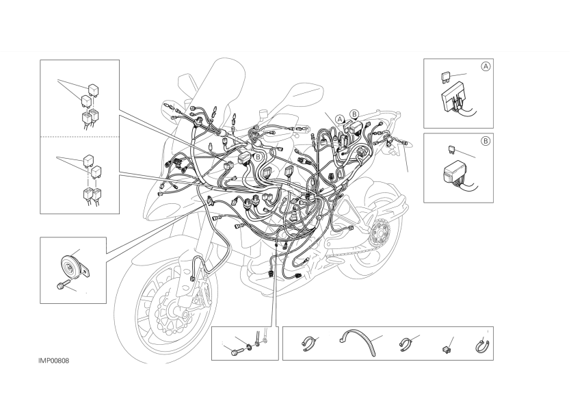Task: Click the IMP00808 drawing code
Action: [54, 361]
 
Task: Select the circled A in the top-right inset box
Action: [486, 66]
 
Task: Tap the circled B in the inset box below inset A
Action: [486, 141]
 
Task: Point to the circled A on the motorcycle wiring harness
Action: [340, 119]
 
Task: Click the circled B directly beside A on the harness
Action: [354, 114]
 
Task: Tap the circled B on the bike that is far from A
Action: [258, 157]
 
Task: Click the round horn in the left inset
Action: [68, 266]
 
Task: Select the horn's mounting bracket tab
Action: [86, 271]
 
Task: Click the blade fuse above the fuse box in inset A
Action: [446, 77]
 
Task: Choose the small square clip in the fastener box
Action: [446, 350]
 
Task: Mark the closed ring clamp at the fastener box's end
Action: [483, 346]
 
